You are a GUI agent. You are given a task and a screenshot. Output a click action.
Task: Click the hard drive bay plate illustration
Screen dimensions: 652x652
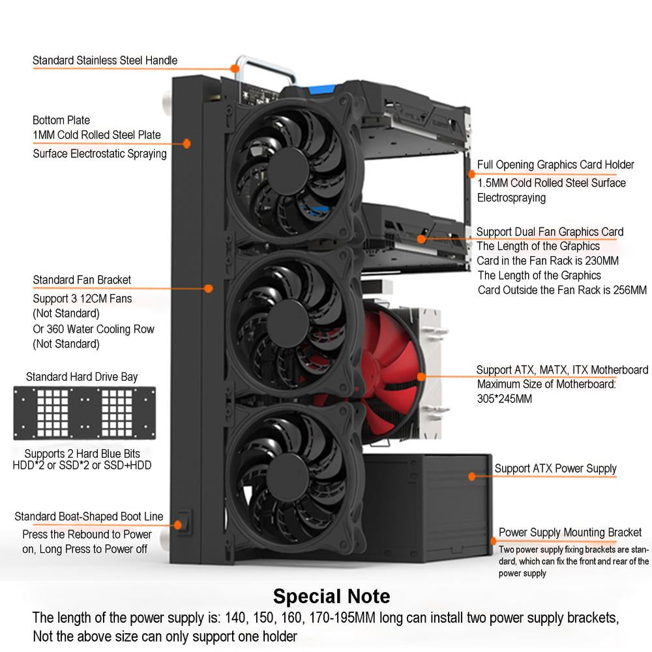point(85,413)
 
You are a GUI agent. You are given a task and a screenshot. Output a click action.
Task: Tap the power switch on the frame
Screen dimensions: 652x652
point(184,522)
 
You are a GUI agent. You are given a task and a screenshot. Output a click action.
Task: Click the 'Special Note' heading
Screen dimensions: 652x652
point(331,596)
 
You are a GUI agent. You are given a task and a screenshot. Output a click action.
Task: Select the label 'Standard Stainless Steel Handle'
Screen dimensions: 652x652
point(105,61)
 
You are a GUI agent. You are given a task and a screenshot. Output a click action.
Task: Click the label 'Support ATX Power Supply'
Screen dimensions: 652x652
point(556,468)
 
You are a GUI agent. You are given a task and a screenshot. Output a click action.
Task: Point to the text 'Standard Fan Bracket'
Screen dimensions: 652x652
point(82,280)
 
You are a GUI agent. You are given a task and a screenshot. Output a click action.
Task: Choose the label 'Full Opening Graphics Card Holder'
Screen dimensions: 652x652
point(556,165)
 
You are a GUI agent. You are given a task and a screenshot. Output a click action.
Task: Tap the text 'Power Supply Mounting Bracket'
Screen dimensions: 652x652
point(570,533)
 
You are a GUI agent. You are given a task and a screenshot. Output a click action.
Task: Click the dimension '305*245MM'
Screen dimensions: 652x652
point(505,398)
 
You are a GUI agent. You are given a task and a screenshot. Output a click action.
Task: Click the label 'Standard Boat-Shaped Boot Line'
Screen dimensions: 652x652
point(89,517)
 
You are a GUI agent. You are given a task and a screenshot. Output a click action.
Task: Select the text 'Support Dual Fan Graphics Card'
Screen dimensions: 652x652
point(550,231)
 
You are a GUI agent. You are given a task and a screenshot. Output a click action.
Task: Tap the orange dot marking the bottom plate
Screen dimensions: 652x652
point(186,143)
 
